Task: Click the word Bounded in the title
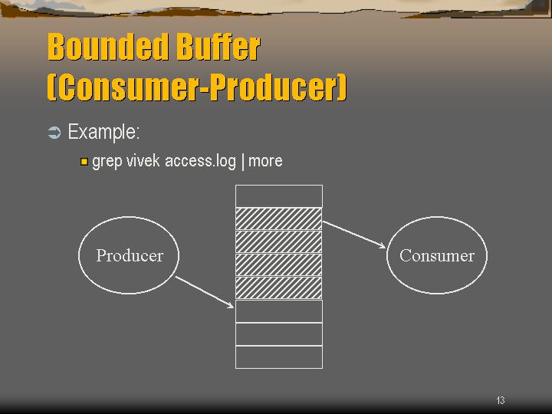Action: click(109, 47)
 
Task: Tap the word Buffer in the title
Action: click(219, 47)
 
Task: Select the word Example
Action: click(103, 132)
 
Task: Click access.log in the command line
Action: click(200, 162)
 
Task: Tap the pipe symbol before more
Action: click(243, 162)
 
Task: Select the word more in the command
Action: click(265, 161)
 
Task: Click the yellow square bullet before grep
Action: click(84, 162)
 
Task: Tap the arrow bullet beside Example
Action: click(54, 133)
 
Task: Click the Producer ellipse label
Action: click(130, 255)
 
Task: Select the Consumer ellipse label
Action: click(436, 255)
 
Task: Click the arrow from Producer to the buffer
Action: click(205, 292)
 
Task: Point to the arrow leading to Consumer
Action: click(353, 235)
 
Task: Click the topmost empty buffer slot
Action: click(279, 196)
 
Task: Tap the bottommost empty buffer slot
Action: click(279, 357)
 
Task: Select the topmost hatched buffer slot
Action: click(279, 219)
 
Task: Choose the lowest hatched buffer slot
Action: click(279, 288)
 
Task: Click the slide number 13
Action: click(500, 400)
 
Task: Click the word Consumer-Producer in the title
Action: click(197, 87)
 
